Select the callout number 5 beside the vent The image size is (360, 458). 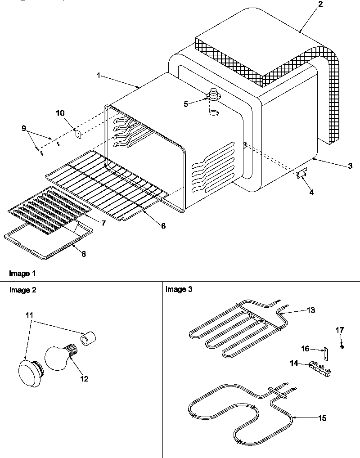click(x=185, y=104)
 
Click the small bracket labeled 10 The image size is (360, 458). click(x=77, y=133)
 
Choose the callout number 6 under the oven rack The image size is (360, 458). click(x=163, y=226)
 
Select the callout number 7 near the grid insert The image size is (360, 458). click(x=103, y=223)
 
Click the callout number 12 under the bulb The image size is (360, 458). click(x=84, y=379)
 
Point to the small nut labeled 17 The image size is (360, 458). click(x=342, y=346)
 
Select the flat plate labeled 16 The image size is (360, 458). click(x=325, y=354)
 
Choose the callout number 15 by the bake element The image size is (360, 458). click(x=322, y=418)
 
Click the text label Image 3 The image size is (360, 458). click(x=179, y=289)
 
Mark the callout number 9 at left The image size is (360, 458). click(x=24, y=128)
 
